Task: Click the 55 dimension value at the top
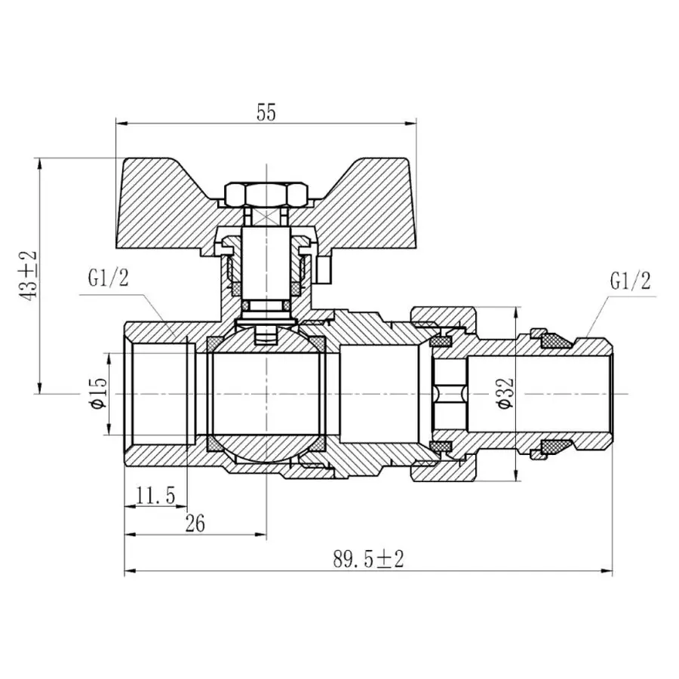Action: click(x=266, y=112)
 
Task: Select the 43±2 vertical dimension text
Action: click(x=31, y=275)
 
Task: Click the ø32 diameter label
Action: click(x=505, y=393)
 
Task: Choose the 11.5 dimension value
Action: click(x=155, y=496)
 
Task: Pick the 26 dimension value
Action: click(x=195, y=524)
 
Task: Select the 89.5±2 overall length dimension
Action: click(x=368, y=559)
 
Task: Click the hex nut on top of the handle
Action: click(x=266, y=195)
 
